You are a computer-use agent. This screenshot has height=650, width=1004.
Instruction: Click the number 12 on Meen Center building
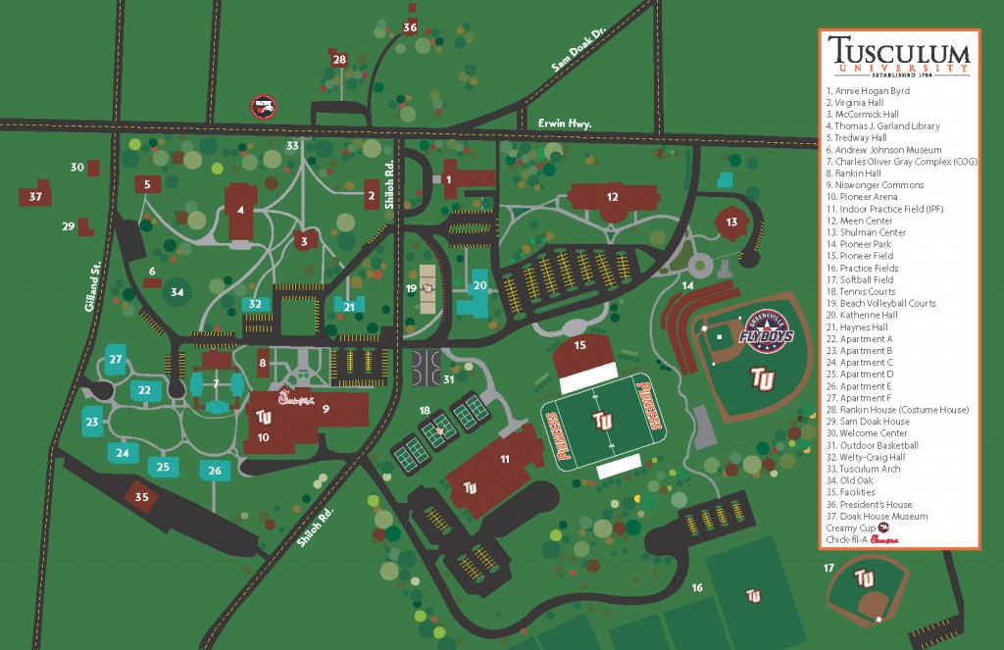pos(612,197)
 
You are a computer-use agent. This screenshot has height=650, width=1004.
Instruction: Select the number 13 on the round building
pos(732,223)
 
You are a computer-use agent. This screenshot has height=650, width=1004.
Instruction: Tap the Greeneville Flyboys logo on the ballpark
pos(763,334)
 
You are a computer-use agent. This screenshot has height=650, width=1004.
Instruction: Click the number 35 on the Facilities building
pos(142,497)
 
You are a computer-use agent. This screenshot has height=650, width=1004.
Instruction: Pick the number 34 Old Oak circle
pos(177,292)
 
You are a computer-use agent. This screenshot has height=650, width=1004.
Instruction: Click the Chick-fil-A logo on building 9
pos(293,398)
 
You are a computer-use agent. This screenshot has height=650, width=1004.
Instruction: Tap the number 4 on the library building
pos(240,208)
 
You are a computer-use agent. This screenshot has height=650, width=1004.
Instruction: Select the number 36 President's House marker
pos(410,27)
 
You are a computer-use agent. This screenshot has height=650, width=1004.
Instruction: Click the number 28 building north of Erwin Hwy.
pos(339,60)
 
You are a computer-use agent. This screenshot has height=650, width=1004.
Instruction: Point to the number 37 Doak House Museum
pos(36,196)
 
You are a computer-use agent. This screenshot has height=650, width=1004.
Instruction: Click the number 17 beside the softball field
pos(828,568)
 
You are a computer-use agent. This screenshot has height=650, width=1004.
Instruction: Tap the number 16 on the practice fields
pos(697,587)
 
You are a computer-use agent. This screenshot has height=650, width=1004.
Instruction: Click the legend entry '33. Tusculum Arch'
pos(864,469)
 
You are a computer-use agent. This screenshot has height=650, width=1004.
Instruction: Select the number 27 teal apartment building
pos(116,360)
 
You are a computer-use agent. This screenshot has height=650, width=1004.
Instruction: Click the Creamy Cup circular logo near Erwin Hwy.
pos(263,105)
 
